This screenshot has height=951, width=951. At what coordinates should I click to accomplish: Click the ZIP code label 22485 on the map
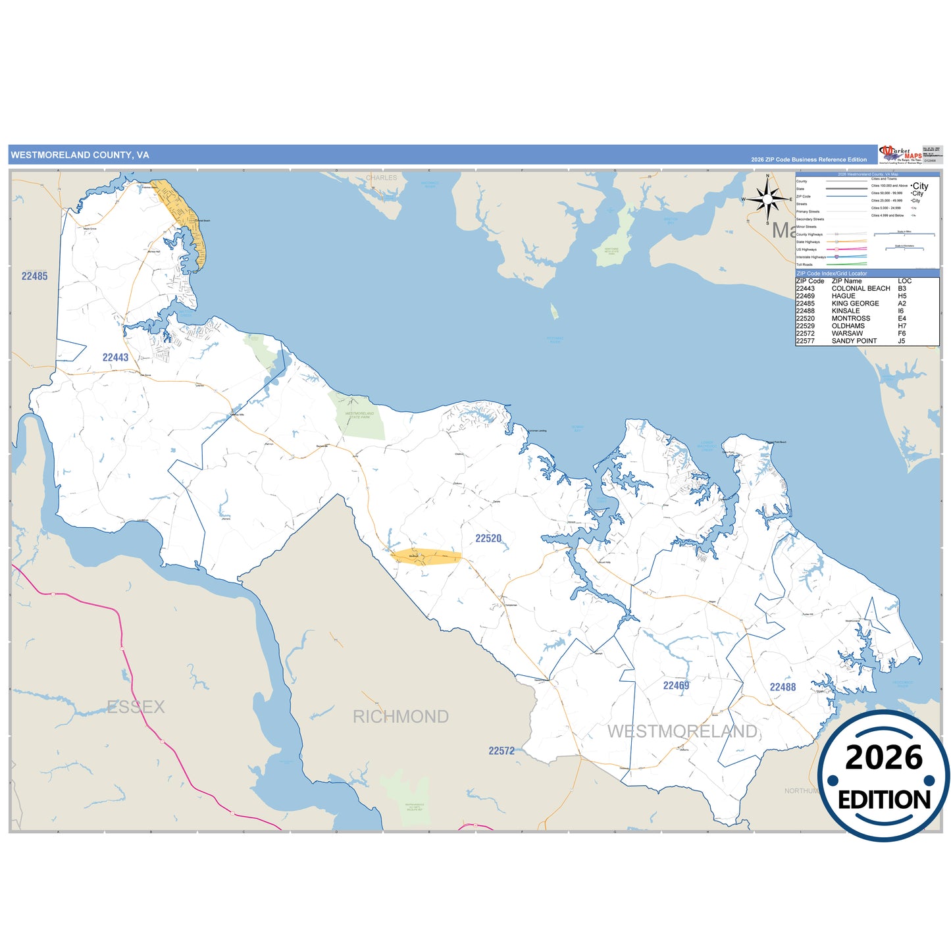tap(34, 276)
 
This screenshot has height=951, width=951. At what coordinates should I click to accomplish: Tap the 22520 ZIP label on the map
tap(488, 538)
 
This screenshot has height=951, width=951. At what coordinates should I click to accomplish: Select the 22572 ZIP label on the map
tap(501, 751)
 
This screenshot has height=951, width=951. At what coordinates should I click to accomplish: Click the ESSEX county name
tap(136, 707)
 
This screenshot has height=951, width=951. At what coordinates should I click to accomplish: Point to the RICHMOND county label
tap(400, 717)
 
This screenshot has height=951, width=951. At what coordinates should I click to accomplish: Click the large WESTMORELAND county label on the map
tap(682, 731)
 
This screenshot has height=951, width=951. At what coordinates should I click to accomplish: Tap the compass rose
tap(767, 199)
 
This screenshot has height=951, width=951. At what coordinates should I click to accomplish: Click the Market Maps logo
tap(900, 154)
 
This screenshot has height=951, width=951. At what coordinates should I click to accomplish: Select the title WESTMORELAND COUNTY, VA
tap(80, 155)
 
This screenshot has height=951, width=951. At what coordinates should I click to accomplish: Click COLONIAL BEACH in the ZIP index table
tap(860, 288)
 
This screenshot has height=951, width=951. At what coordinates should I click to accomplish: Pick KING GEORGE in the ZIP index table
tap(855, 303)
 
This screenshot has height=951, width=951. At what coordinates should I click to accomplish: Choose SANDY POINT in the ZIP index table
tap(854, 341)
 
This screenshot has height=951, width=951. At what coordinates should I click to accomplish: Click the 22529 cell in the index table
tap(805, 326)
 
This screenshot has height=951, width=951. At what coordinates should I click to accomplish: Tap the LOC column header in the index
tap(904, 281)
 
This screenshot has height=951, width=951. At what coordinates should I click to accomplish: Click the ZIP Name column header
tap(846, 281)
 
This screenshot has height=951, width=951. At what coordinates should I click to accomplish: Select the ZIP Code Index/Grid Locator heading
tap(831, 273)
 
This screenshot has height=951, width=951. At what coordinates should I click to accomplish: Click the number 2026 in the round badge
tap(883, 758)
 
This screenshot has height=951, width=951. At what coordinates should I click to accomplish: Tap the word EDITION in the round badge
tap(884, 800)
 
